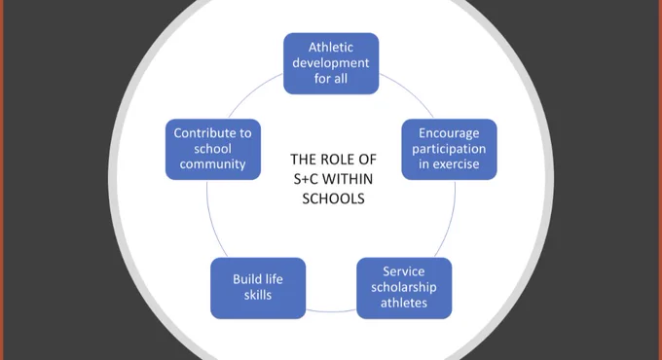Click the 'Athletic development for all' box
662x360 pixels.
click(x=331, y=63)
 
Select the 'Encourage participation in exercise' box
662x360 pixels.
click(x=449, y=150)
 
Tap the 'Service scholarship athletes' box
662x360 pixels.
click(x=404, y=288)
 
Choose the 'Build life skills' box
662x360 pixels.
click(x=258, y=288)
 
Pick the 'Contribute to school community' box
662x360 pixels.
click(x=213, y=150)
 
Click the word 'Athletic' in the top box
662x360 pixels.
click(x=331, y=48)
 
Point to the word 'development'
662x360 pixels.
click(x=331, y=63)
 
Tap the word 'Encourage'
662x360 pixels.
click(x=449, y=134)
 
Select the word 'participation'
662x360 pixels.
click(x=449, y=150)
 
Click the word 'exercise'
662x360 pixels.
click(x=459, y=164)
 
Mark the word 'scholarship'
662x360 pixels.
click(x=404, y=288)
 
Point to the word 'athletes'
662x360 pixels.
click(x=404, y=303)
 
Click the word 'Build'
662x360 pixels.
click(x=245, y=279)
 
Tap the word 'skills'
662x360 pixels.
click(x=258, y=295)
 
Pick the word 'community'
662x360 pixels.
click(x=212, y=164)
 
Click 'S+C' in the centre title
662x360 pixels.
click(x=306, y=179)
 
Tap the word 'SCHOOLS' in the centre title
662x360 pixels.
click(x=333, y=198)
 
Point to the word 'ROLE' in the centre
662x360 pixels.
click(x=337, y=160)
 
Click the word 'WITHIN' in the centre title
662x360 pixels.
click(x=348, y=179)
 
